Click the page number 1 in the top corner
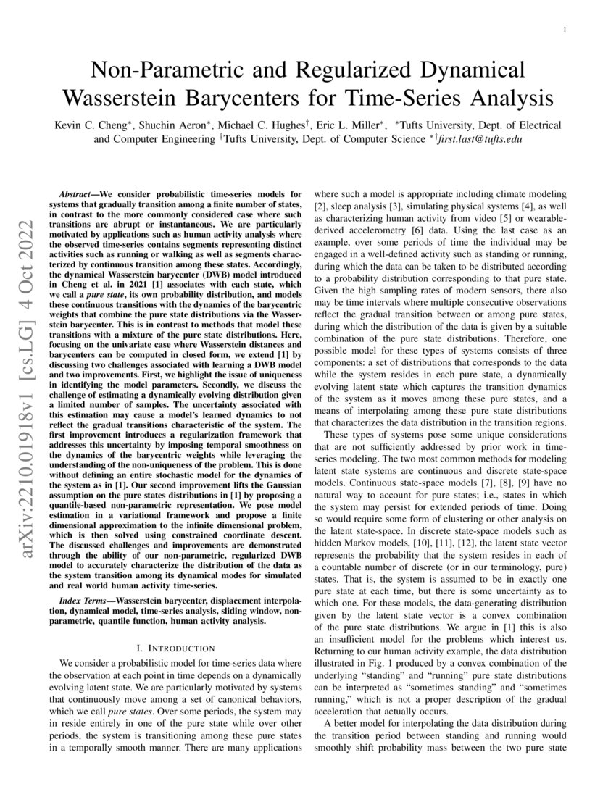pos(564,29)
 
